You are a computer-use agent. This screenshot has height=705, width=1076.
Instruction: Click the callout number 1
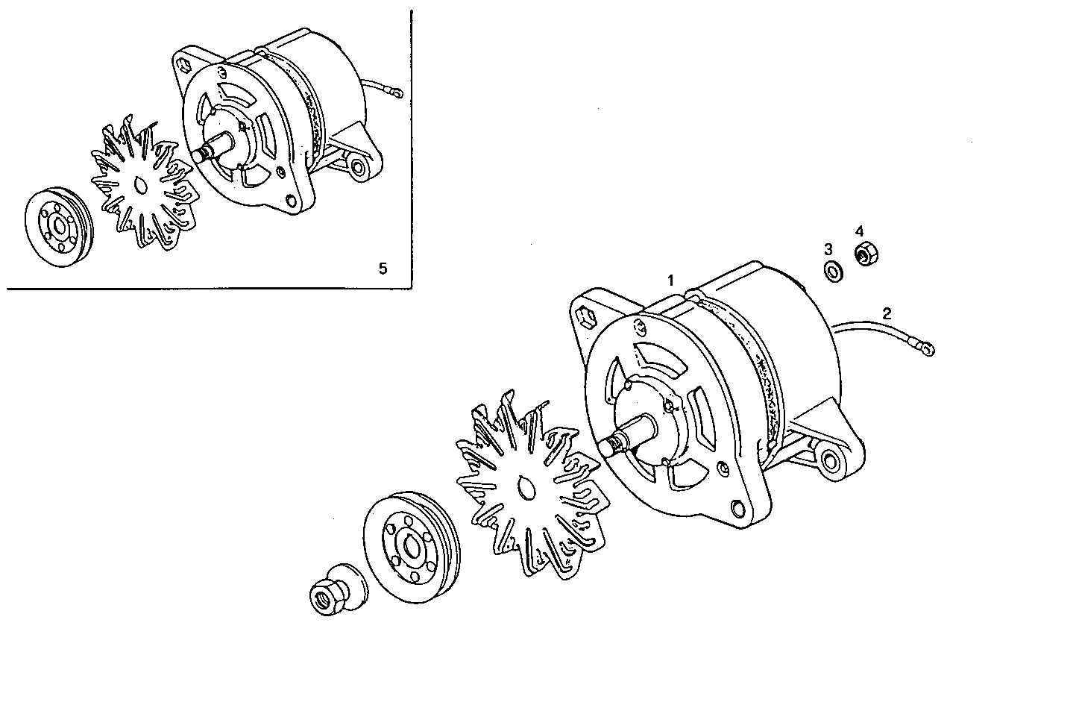click(670, 281)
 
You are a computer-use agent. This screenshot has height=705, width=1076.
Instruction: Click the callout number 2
click(887, 313)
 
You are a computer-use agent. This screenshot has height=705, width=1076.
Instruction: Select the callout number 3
click(828, 248)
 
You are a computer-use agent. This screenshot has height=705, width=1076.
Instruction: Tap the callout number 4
click(859, 231)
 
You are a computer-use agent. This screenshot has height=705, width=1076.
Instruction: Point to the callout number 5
click(383, 269)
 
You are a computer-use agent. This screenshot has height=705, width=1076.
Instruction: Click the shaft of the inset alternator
click(205, 152)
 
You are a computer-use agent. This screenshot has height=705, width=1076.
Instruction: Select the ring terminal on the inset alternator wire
click(396, 93)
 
